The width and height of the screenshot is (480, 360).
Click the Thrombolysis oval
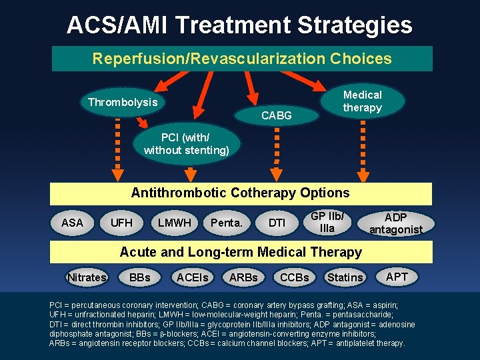click(x=123, y=102)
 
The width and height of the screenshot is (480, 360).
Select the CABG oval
click(x=276, y=115)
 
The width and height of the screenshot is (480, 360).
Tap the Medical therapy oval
click(x=362, y=101)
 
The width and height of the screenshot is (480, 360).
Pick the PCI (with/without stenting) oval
click(x=186, y=144)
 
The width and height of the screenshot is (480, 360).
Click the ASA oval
click(x=72, y=223)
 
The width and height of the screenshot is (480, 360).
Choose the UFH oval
click(x=121, y=223)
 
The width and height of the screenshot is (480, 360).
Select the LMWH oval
click(x=174, y=223)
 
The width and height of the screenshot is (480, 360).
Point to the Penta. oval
click(x=226, y=223)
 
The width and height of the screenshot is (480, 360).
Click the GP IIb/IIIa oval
click(x=327, y=222)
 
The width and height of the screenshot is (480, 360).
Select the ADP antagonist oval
click(x=395, y=223)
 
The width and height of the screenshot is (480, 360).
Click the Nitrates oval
click(x=87, y=277)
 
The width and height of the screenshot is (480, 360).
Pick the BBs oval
click(x=139, y=277)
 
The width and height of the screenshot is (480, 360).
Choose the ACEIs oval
click(x=192, y=277)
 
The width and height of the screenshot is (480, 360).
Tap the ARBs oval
click(x=243, y=277)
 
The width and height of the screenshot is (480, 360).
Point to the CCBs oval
click(x=294, y=277)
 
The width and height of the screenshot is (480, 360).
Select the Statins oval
click(x=345, y=277)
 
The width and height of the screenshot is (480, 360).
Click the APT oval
click(x=397, y=275)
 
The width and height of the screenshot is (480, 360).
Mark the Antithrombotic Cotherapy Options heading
click(x=240, y=193)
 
